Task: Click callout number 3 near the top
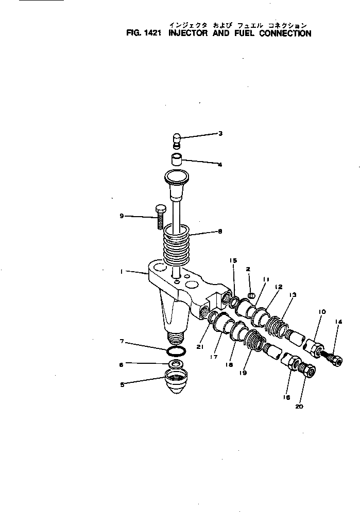[x=220, y=134]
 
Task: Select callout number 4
[x=220, y=165]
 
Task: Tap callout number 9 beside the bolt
[x=122, y=216]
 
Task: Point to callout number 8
[x=220, y=232]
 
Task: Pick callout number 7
[x=122, y=341]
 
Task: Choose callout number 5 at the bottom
[x=122, y=383]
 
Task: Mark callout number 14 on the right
[x=338, y=322]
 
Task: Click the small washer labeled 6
[x=177, y=364]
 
